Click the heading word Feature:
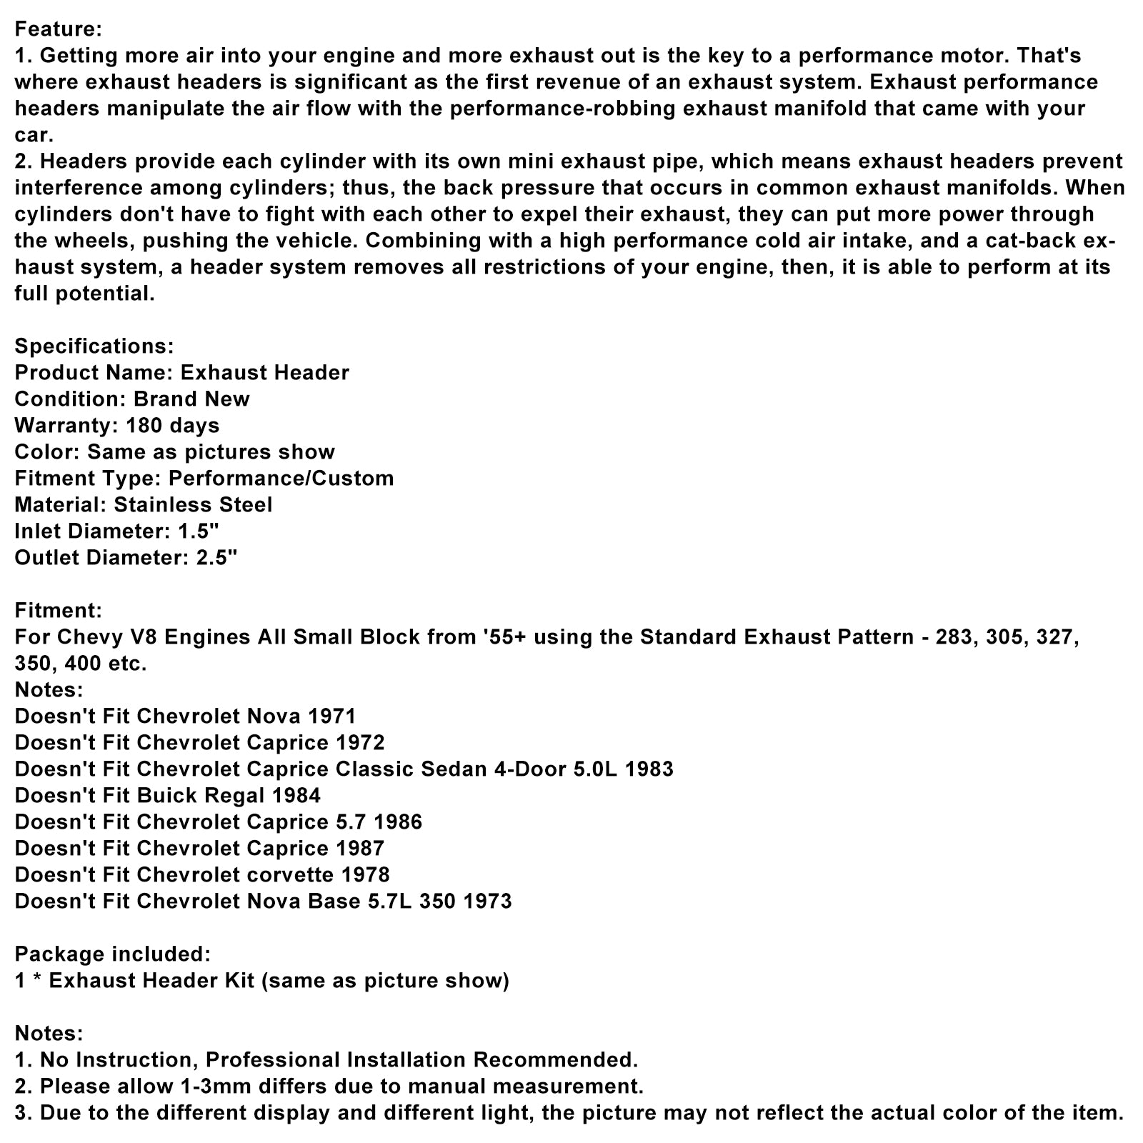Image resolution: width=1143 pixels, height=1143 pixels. (58, 29)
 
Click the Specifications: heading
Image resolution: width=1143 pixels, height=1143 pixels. (94, 346)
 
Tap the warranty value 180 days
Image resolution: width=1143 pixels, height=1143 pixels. (172, 425)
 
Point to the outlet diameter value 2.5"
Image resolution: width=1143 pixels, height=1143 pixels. (216, 557)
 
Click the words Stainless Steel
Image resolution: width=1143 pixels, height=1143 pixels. (193, 504)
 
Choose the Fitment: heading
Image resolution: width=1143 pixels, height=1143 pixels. (58, 610)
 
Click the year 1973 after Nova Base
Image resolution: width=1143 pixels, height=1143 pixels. (487, 901)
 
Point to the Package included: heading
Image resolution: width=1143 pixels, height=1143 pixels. (112, 954)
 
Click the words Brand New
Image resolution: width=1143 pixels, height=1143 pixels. (191, 399)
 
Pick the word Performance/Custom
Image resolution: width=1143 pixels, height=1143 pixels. (281, 478)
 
